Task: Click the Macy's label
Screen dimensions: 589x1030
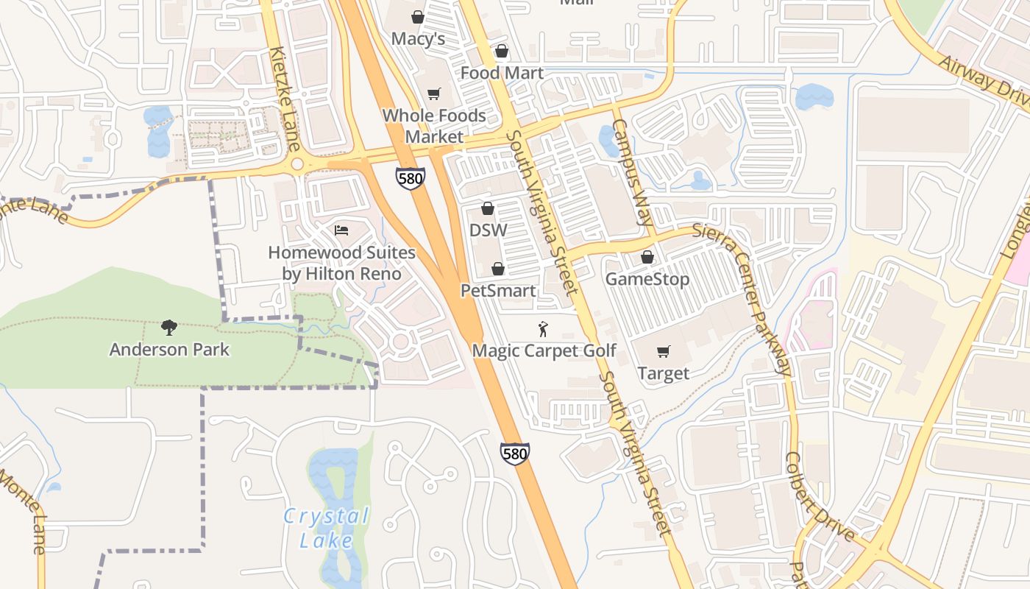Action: (418, 39)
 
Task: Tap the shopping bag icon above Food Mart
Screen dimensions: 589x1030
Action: (502, 51)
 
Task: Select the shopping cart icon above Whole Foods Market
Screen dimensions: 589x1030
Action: (434, 94)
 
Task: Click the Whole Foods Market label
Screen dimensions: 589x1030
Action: (434, 126)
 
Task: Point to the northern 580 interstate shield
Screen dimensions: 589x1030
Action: (410, 178)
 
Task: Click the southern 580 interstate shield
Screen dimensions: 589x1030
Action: (514, 454)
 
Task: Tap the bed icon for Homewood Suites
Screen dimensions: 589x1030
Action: (341, 230)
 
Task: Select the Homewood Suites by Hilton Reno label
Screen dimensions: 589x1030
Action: (341, 263)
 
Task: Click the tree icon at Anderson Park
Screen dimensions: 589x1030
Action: (169, 328)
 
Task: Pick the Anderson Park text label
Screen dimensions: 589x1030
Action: (169, 350)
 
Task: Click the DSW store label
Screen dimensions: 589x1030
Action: (489, 230)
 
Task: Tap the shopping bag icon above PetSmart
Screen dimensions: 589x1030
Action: (498, 269)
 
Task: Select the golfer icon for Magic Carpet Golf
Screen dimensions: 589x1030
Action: (544, 329)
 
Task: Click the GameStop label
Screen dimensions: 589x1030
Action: (647, 279)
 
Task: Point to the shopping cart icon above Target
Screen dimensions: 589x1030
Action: (664, 351)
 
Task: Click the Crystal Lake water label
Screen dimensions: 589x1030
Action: (326, 528)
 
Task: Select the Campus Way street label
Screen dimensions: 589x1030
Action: (633, 172)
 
